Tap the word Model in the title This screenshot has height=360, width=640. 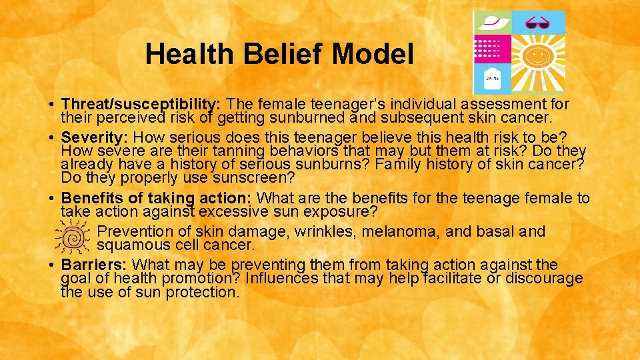(376, 54)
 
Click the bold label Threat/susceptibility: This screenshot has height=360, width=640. (141, 104)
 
